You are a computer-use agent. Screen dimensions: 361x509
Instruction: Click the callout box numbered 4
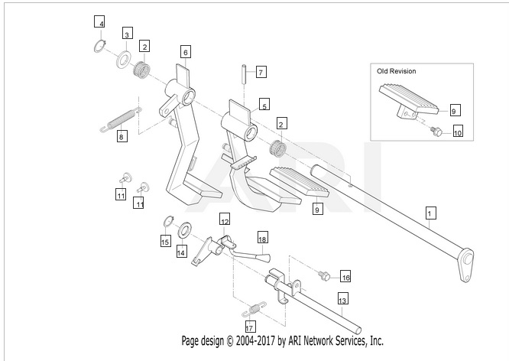[100, 21]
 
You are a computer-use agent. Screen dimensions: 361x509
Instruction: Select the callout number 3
[127, 33]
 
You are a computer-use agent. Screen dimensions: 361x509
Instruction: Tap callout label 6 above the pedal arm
[185, 52]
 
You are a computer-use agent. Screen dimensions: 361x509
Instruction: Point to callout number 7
[260, 72]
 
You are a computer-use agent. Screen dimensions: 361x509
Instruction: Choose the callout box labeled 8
[121, 137]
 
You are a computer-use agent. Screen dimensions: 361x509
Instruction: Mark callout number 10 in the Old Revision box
[458, 132]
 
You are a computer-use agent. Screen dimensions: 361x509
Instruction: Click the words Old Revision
[396, 71]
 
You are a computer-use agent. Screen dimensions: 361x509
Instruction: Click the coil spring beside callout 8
[118, 120]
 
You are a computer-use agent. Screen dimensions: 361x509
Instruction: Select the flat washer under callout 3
[122, 60]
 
